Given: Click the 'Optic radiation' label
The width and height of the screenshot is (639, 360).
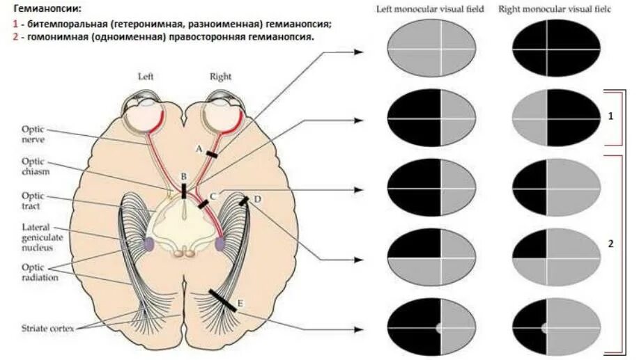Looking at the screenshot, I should point(39,272).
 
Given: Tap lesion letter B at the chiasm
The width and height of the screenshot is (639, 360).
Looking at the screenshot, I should point(183,177).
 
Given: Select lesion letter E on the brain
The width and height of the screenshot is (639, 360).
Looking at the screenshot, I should point(240,303).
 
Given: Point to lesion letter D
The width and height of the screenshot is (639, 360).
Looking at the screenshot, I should point(257,200).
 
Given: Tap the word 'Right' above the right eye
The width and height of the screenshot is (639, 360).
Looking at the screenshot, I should point(220,77).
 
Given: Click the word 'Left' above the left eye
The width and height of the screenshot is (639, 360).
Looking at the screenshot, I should point(146,77).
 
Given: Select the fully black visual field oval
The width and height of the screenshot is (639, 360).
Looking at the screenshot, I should point(555,50).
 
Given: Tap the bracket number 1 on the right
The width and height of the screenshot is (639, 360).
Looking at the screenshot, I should point(610,117).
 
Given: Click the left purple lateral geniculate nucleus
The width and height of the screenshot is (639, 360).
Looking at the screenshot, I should point(148,244).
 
